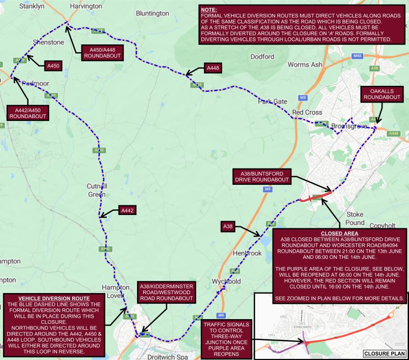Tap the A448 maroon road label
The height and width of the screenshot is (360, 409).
click(x=212, y=68)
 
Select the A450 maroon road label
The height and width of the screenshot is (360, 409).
click(x=53, y=66)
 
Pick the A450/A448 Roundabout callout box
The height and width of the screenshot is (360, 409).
click(x=101, y=52)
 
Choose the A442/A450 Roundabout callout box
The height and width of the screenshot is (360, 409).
click(x=28, y=113)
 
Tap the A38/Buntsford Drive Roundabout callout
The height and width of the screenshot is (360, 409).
click(x=262, y=177)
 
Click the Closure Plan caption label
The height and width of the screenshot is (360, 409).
click(x=383, y=353)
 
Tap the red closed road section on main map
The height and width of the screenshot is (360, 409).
click(x=315, y=196)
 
